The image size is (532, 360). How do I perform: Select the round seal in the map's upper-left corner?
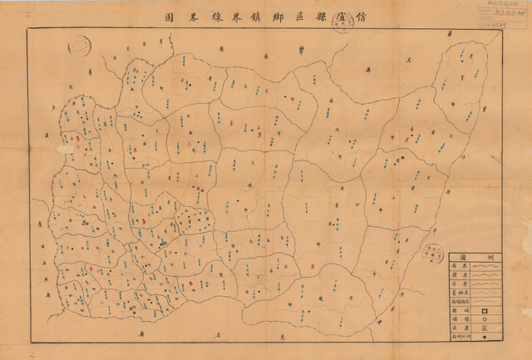tap(77, 45)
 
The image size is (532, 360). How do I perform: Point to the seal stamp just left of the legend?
tap(431, 252)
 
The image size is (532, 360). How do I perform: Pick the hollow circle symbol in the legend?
tap(484, 318)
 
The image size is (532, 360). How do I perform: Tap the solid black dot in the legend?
tap(484, 337)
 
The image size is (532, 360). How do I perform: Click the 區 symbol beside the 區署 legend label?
tap(484, 328)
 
